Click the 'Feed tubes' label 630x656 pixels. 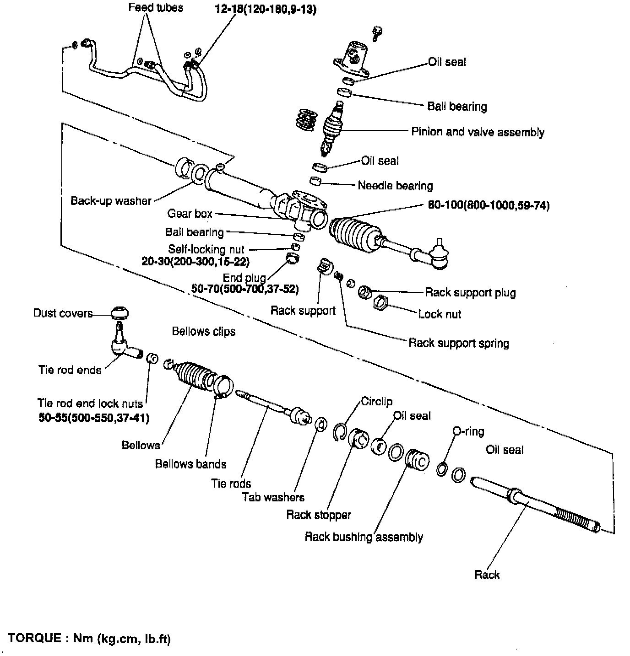pyautogui.click(x=155, y=8)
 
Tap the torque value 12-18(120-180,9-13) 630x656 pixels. pyautogui.click(x=266, y=9)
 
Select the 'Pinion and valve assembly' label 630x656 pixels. pyautogui.click(x=478, y=132)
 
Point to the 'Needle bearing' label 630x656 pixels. pyautogui.click(x=395, y=186)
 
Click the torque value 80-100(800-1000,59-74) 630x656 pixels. pyautogui.click(x=489, y=205)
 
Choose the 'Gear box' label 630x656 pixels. pyautogui.click(x=190, y=214)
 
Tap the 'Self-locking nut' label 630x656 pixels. pyautogui.click(x=206, y=249)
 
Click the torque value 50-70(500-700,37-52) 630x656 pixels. pyautogui.click(x=245, y=289)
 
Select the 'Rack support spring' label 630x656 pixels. pyautogui.click(x=458, y=343)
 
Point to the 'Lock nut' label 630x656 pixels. pyautogui.click(x=440, y=314)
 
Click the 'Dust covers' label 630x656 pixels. pyautogui.click(x=63, y=313)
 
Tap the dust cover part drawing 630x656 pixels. pyautogui.click(x=119, y=313)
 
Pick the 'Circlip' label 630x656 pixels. pyautogui.click(x=376, y=402)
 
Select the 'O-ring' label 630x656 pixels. pyautogui.click(x=468, y=431)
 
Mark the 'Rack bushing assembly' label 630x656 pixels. pyautogui.click(x=364, y=537)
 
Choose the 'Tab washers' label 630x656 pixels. pyautogui.click(x=273, y=497)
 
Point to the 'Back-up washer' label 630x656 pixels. pyautogui.click(x=111, y=201)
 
